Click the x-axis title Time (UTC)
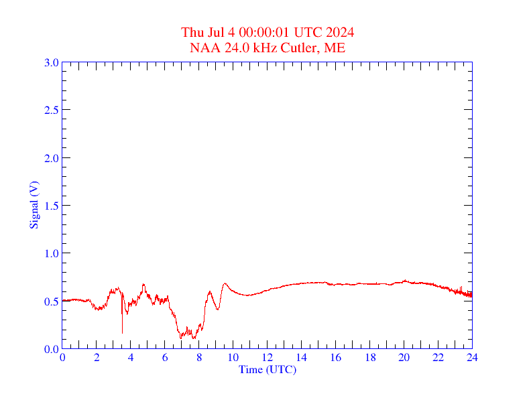pyautogui.click(x=267, y=370)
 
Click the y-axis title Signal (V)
pyautogui.click(x=34, y=205)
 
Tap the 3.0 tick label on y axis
pyautogui.click(x=51, y=62)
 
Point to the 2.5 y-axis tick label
pyautogui.click(x=51, y=110)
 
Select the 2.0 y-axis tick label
pyautogui.click(x=51, y=158)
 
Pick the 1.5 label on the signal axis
pyautogui.click(x=51, y=206)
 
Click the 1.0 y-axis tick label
pyautogui.click(x=51, y=253)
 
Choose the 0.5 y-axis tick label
pyautogui.click(x=51, y=301)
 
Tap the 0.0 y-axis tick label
pyautogui.click(x=51, y=349)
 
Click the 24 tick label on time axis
pyautogui.click(x=471, y=358)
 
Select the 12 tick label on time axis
pyautogui.click(x=267, y=358)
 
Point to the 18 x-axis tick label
pyautogui.click(x=369, y=358)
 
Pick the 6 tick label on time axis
pyautogui.click(x=165, y=358)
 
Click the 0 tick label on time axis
pyautogui.click(x=62, y=358)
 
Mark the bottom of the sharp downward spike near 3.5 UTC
pyautogui.click(x=122, y=332)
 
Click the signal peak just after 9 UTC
pyautogui.click(x=225, y=283)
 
